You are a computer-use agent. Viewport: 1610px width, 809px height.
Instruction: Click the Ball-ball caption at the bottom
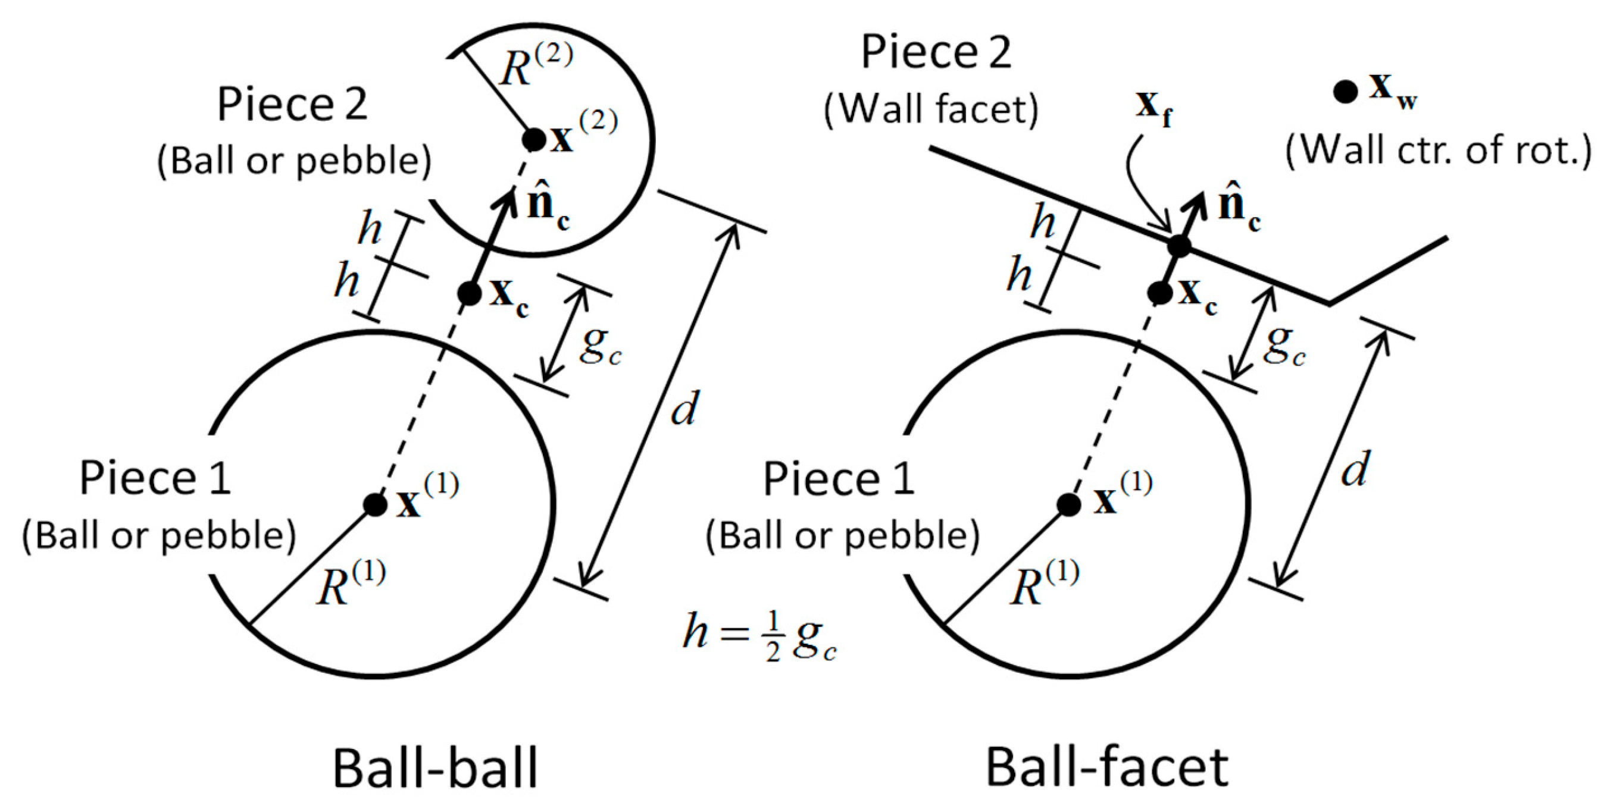point(435,769)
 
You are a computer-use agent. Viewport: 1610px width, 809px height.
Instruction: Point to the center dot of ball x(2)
point(533,139)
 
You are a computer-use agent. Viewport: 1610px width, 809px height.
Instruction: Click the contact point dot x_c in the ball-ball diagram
point(469,294)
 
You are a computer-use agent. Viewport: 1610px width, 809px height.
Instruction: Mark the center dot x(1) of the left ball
point(375,504)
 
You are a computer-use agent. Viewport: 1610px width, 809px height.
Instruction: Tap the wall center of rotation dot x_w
point(1345,92)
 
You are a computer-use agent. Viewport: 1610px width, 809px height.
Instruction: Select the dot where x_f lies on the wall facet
point(1179,246)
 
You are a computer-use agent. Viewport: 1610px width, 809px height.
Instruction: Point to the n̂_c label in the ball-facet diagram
point(1238,209)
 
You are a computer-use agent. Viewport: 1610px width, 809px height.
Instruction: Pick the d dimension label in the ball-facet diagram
point(1355,470)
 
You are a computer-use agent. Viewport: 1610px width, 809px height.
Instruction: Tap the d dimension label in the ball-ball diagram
point(684,409)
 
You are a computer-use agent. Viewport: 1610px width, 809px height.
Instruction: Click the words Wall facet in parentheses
point(931,110)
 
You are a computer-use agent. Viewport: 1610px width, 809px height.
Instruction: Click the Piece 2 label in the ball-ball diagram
point(292,104)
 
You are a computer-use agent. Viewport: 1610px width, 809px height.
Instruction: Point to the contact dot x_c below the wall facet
point(1160,292)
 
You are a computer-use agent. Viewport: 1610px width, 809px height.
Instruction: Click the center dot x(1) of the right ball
point(1069,504)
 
